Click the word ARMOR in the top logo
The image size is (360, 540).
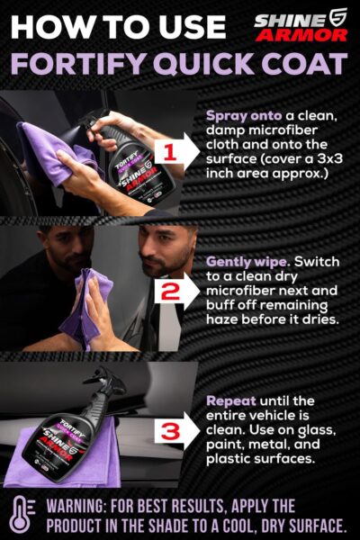click(x=301, y=34)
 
